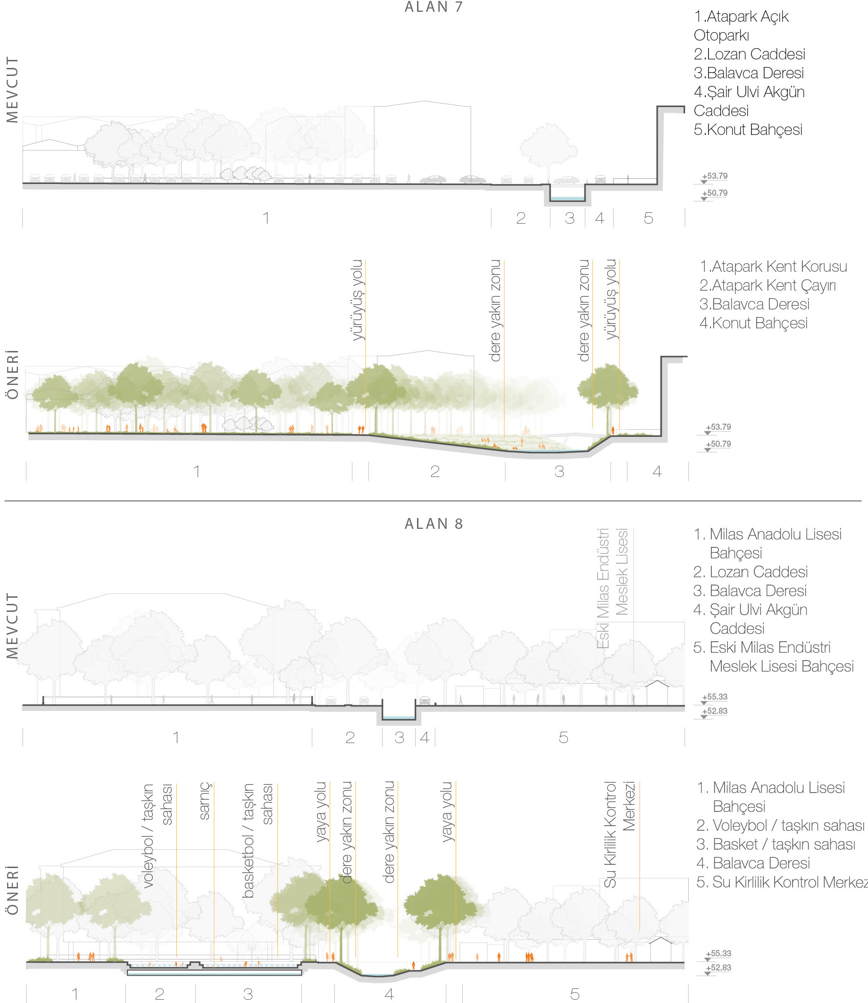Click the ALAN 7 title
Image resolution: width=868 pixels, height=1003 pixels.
(434, 7)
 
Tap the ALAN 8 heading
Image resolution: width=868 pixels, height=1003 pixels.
(434, 524)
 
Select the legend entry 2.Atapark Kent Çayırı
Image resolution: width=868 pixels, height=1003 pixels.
(767, 285)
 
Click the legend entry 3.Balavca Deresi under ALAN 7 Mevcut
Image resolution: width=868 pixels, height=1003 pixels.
(748, 73)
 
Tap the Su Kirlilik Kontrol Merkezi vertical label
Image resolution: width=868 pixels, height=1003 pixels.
(619, 834)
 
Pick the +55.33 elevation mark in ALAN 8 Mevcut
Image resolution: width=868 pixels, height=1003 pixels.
(715, 697)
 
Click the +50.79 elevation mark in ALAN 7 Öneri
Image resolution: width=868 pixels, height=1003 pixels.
(718, 444)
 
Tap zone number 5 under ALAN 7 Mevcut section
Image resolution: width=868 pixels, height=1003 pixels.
(648, 218)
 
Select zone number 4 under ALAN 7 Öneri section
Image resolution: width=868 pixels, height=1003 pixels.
(657, 471)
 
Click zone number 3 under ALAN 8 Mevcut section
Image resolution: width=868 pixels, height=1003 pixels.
(399, 737)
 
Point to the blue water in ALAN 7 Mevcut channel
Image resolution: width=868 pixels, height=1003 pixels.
(567, 199)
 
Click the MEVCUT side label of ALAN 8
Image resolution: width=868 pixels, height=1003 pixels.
(12, 625)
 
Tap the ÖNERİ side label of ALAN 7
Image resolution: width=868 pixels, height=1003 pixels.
(12, 374)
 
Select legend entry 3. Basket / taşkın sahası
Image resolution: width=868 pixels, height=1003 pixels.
(775, 844)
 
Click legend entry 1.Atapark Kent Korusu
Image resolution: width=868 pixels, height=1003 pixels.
(773, 267)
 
